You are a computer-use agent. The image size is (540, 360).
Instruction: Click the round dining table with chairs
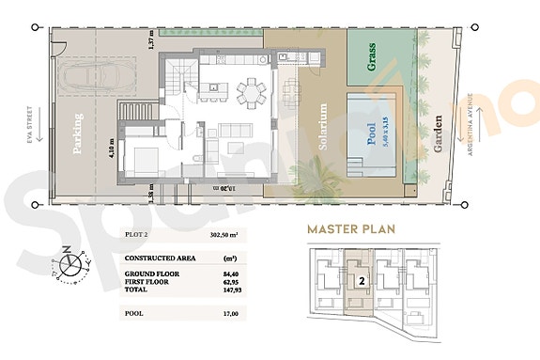coord(251,91)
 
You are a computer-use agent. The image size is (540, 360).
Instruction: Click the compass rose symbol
coord(68,262)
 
